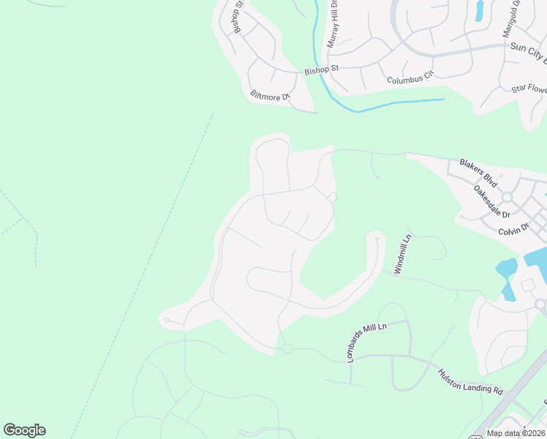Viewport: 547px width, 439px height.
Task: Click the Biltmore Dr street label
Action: click(271, 96)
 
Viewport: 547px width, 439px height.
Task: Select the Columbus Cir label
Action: click(410, 75)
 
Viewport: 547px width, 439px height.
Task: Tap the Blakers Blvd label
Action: click(478, 172)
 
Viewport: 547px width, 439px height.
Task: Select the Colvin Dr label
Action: click(513, 229)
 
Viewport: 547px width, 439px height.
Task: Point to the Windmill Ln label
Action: click(404, 254)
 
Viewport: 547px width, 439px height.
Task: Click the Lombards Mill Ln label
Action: click(366, 341)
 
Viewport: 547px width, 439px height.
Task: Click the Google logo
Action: click(24, 430)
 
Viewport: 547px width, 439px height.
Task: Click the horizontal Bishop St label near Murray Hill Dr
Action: click(322, 70)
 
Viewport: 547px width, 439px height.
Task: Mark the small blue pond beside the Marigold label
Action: click(480, 10)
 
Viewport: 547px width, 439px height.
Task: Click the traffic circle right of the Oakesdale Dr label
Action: click(507, 198)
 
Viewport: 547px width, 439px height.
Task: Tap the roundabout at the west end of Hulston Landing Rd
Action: click(287, 349)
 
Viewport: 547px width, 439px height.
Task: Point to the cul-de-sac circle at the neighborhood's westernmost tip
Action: click(167, 320)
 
